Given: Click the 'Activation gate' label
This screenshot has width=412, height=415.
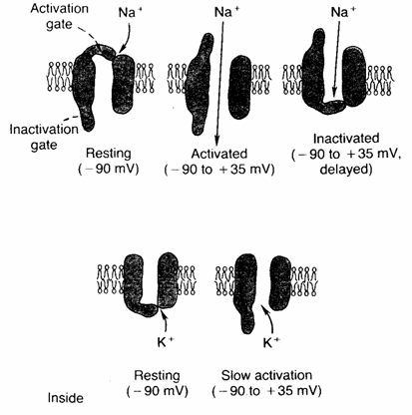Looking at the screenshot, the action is click(60, 17).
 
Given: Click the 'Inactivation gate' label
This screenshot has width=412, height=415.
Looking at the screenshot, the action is click(44, 137).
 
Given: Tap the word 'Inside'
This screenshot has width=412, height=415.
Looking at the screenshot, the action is click(65, 398).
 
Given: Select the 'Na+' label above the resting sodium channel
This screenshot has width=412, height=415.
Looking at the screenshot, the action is click(127, 13).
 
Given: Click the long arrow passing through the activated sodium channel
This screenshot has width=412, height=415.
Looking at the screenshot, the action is click(220, 82).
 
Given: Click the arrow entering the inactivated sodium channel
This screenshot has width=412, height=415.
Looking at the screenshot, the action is click(337, 58).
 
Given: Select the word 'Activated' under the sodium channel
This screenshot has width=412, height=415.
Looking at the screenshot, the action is click(219, 154).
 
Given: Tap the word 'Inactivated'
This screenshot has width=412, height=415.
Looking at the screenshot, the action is click(346, 138).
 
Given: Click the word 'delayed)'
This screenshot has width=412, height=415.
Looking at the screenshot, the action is click(346, 170).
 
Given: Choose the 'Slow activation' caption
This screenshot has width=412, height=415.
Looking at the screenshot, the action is click(266, 375).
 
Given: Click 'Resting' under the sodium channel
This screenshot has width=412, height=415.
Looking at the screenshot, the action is click(109, 154).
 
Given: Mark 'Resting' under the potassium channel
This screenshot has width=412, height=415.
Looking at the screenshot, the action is click(157, 375).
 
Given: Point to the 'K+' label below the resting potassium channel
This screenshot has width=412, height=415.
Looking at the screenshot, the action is click(166, 342).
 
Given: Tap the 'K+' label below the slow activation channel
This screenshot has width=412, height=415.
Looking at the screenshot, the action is click(271, 342).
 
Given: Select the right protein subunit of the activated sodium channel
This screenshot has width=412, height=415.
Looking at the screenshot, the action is click(240, 88).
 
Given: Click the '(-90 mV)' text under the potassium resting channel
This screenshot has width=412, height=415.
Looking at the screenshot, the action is click(158, 391).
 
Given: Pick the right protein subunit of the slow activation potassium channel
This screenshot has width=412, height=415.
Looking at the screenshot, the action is click(280, 282).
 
